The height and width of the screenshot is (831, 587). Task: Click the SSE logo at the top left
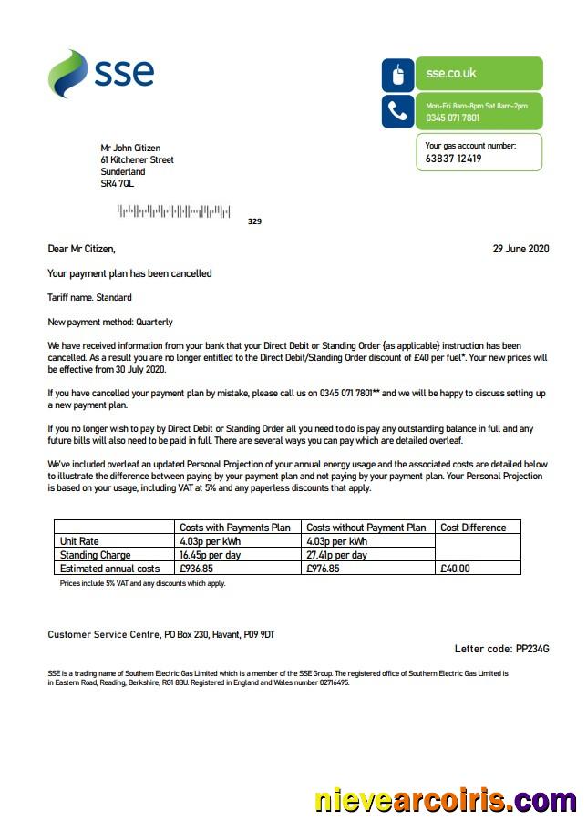[101, 73]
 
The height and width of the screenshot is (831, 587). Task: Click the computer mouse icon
[397, 75]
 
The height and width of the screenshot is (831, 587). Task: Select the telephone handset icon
[397, 111]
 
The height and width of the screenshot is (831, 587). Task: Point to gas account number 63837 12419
[453, 159]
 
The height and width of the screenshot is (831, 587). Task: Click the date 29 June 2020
[521, 249]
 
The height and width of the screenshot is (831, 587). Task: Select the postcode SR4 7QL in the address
[118, 184]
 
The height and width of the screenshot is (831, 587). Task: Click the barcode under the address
[173, 211]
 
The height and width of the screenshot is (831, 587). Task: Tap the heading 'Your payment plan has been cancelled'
[129, 273]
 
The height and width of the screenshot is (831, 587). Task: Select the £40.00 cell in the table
[455, 569]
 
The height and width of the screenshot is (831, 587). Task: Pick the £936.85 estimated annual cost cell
[197, 569]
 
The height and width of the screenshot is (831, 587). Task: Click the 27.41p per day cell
[336, 555]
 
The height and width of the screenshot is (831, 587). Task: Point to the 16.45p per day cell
[211, 555]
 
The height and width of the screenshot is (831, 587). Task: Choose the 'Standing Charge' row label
[95, 555]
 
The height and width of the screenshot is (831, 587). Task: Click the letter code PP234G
[515, 649]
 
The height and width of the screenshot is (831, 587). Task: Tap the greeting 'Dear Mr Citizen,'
[82, 249]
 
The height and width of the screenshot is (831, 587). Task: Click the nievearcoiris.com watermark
[445, 801]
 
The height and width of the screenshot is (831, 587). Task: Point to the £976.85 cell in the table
[323, 569]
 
